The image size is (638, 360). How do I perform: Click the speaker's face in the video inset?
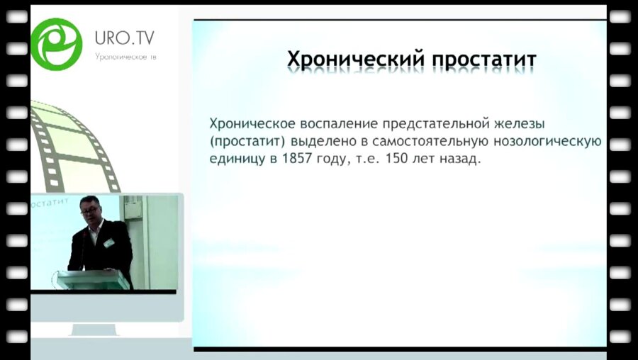tap(91, 210)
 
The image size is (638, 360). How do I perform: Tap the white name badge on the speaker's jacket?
tap(108, 243)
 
